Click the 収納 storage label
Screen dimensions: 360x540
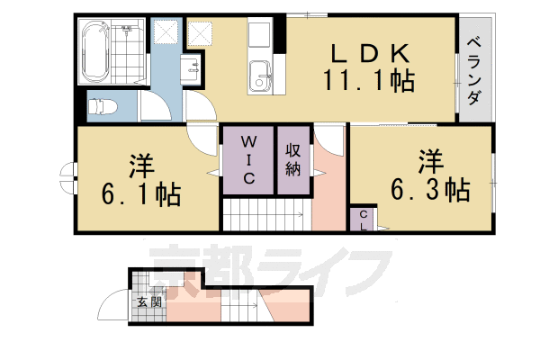293,159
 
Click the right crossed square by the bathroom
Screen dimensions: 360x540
199,33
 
